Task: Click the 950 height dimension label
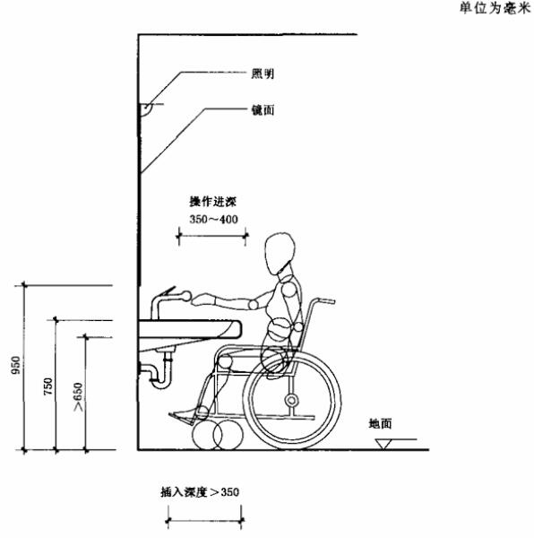[16, 366]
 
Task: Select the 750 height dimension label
[48, 386]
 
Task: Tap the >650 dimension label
[79, 397]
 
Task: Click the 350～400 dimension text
[213, 219]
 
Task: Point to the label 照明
[263, 74]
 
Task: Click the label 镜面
[263, 109]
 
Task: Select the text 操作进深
[213, 202]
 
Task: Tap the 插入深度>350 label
[200, 492]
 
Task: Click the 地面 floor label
[380, 424]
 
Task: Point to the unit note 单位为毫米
[495, 8]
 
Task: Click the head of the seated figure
[280, 253]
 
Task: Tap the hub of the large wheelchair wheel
[291, 400]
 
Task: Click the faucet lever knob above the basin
[186, 296]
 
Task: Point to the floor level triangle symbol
[383, 444]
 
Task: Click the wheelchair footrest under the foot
[181, 419]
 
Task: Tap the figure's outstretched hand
[203, 299]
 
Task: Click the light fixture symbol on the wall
[147, 109]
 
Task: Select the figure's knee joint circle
[226, 362]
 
